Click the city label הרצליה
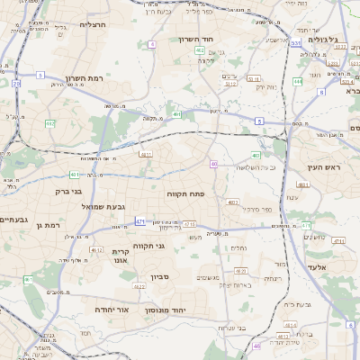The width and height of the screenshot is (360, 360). pos(93,24)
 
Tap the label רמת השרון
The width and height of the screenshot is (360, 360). pos(84,78)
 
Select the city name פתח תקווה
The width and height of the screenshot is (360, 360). pos(186,193)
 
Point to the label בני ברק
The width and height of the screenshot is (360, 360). pos(68,191)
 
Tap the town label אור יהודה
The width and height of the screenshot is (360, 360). pos(113,309)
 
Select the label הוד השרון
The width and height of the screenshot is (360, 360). pos(220,40)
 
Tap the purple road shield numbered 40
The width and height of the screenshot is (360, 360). pos(214,164)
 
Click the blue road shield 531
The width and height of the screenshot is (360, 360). pos(296,42)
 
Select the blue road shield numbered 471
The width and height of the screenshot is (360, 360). pos(139,220)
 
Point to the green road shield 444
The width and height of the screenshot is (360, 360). pos(297,81)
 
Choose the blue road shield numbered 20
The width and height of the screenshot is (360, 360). pos(16,83)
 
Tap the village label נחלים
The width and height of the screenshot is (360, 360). pos(238,247)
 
